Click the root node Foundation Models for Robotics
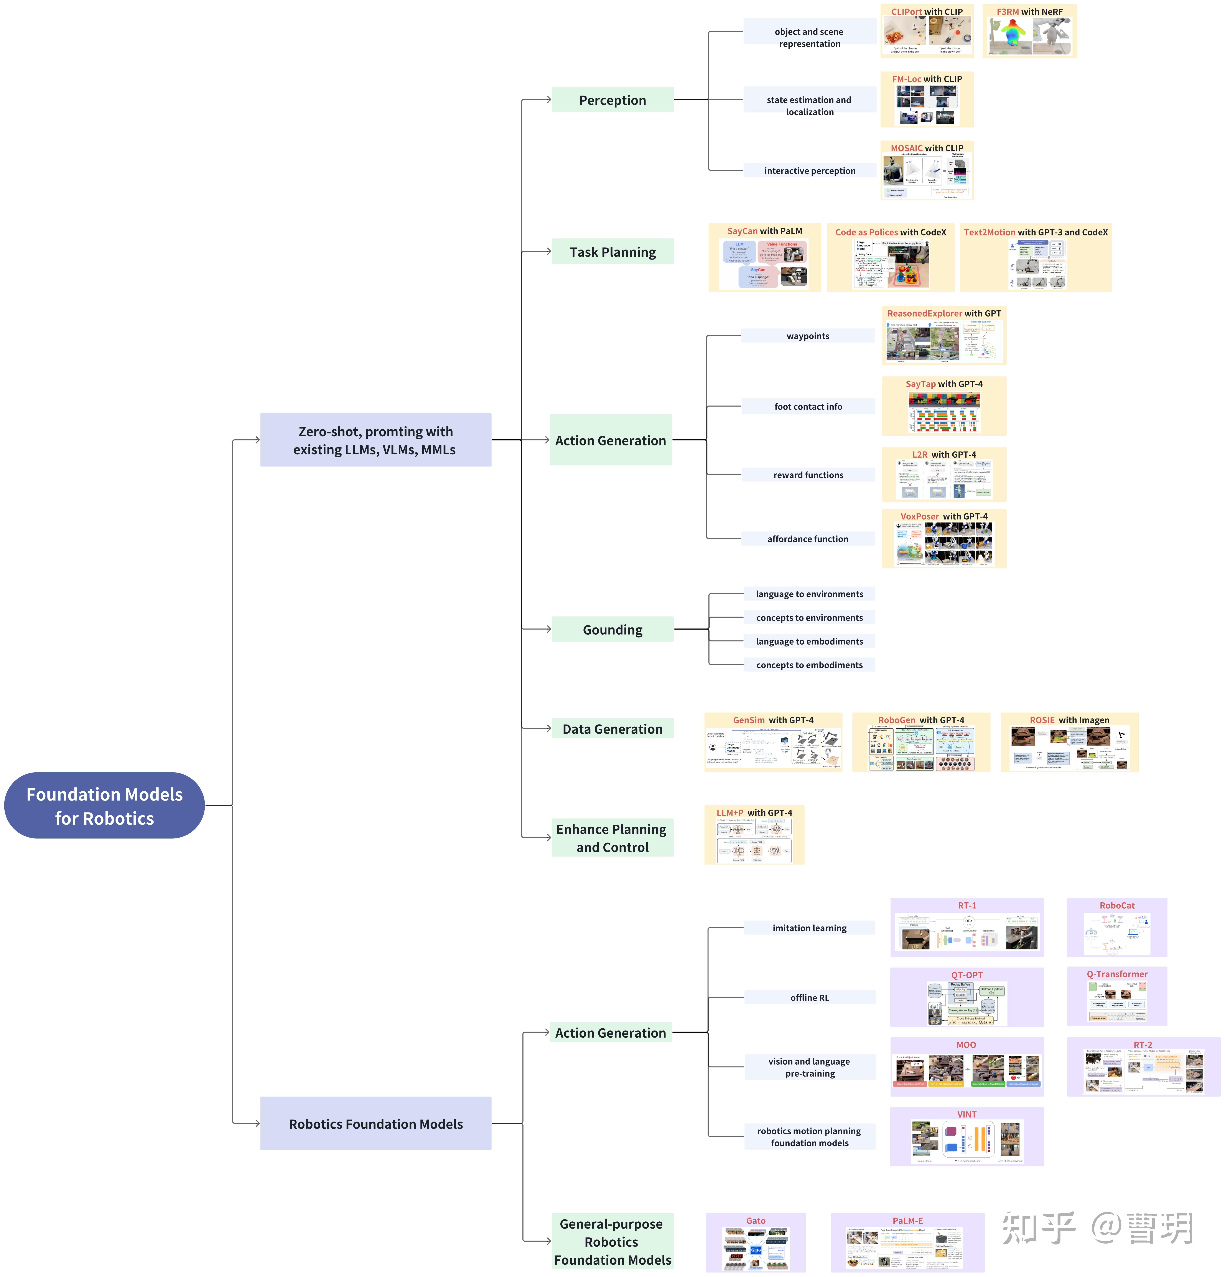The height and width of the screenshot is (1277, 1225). click(104, 806)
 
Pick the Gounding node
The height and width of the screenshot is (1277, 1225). click(612, 629)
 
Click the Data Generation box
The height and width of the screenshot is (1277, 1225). click(612, 729)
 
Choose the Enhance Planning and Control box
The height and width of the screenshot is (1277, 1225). click(612, 838)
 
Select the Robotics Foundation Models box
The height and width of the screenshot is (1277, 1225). click(376, 1124)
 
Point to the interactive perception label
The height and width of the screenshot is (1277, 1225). click(810, 171)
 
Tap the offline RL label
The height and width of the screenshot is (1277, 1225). click(810, 997)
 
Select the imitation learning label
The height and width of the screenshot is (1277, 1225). click(810, 928)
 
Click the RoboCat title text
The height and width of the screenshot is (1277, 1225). click(1117, 906)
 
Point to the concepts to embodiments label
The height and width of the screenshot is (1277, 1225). click(810, 665)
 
